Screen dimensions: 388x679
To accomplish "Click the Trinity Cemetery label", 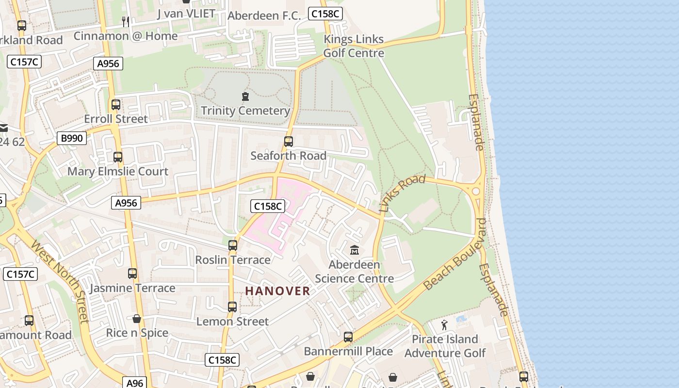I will click(245, 111).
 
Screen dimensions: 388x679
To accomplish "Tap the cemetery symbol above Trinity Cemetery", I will click(245, 97).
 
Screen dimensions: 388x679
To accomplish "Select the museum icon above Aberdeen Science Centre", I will click(355, 250).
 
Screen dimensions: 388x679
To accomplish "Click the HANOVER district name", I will click(277, 291).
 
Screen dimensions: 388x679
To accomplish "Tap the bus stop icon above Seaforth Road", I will click(289, 142).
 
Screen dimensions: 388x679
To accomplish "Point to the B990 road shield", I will click(72, 139).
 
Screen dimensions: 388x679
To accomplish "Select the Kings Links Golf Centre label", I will click(354, 46).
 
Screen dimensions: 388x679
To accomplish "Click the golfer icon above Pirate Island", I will click(444, 325).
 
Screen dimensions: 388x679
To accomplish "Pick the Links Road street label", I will click(402, 193).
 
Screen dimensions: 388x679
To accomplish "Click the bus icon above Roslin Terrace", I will click(233, 245).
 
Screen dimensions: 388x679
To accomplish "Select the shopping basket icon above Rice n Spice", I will click(137, 319).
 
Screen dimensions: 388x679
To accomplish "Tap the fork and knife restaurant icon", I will click(125, 21).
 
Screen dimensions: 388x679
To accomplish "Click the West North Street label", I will click(60, 280).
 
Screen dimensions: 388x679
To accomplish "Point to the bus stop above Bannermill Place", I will click(348, 337).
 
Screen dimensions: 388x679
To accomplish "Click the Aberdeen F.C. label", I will click(261, 16).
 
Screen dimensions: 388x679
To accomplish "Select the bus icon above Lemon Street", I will click(232, 307).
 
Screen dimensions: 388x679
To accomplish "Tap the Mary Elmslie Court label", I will click(118, 171).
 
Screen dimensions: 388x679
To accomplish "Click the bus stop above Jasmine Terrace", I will click(132, 274).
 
